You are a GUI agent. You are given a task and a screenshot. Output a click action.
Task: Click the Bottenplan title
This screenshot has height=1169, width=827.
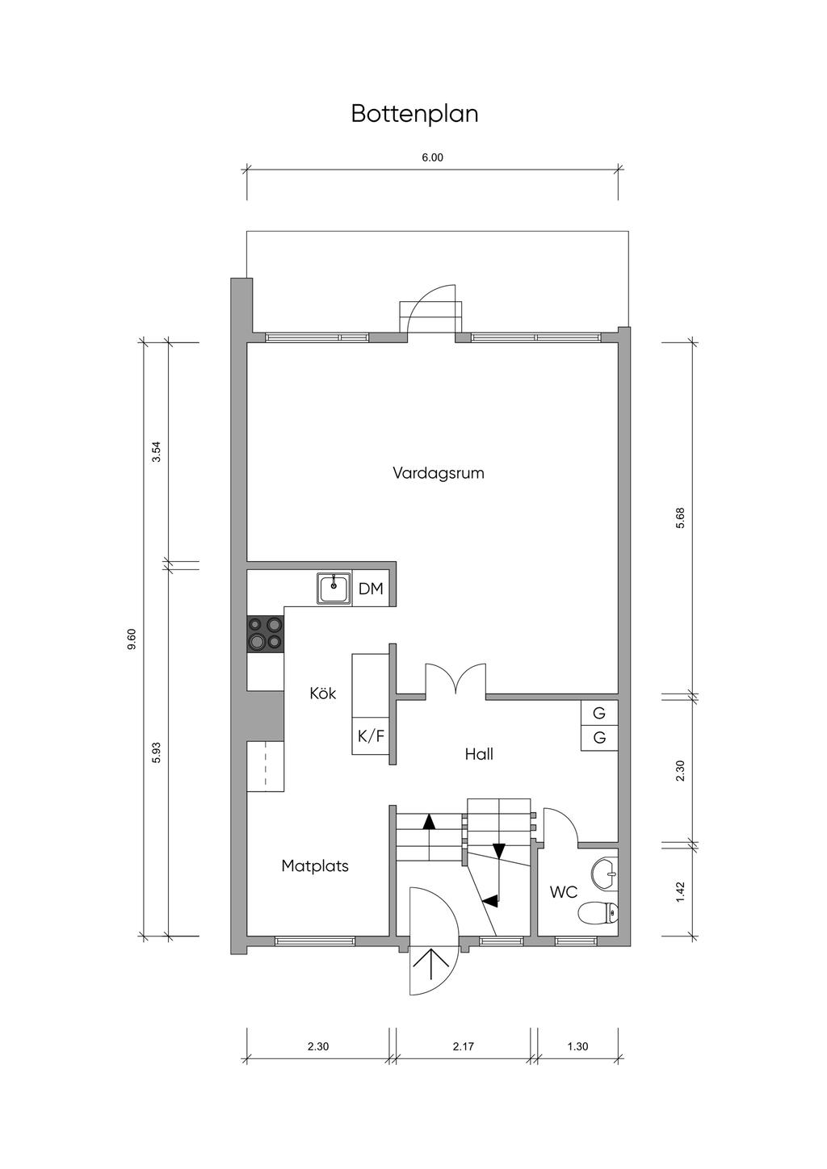point(414,115)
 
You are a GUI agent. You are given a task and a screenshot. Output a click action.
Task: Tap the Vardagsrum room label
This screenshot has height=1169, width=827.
point(439,473)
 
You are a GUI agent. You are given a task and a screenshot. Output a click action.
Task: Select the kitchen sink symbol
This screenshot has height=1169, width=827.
point(334,589)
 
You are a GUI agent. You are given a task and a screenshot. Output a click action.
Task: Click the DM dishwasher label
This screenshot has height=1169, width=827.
point(371,589)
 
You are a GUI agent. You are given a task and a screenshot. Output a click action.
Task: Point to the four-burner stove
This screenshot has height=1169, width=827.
point(265,634)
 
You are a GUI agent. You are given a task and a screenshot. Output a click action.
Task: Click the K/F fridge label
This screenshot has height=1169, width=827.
point(371,736)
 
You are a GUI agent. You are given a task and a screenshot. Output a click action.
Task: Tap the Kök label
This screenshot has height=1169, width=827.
point(323,693)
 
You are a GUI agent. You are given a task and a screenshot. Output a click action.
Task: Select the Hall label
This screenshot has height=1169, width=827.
point(479,753)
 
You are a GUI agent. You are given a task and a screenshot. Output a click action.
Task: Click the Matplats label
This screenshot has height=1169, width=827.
point(315,866)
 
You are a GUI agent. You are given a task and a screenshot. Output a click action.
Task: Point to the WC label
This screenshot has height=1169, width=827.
point(564,892)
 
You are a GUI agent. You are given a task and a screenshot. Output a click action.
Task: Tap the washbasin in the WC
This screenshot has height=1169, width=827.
point(605,872)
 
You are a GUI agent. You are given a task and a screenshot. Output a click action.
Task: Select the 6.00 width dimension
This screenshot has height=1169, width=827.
point(432,157)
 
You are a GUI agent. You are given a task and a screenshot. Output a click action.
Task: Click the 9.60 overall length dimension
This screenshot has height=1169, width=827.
point(132,639)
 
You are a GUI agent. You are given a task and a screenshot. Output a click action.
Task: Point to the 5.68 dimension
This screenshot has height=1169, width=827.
point(680,517)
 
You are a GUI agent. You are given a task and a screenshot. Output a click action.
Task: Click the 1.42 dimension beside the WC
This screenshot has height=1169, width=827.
point(680,892)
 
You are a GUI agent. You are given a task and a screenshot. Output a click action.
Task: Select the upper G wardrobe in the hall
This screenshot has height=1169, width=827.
point(599,712)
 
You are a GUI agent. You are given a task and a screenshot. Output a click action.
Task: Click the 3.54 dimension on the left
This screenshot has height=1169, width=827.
point(156,452)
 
